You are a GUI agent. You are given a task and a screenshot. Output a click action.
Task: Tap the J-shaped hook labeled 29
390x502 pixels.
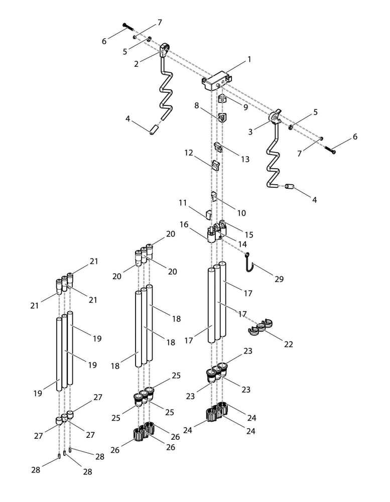point(248,263)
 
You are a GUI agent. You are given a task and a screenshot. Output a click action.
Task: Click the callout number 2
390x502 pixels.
point(136,64)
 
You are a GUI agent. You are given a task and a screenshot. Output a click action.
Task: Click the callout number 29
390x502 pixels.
point(279,279)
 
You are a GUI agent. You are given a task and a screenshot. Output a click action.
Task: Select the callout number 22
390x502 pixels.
point(288,344)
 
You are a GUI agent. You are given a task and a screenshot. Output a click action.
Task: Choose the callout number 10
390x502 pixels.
point(241,213)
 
